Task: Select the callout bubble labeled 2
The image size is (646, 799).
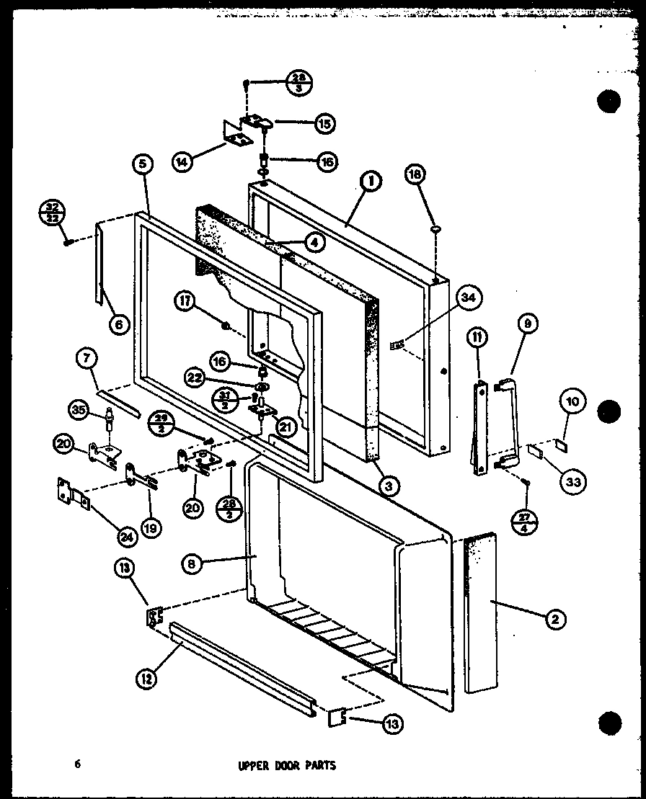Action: point(557,618)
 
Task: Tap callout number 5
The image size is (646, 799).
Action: point(143,165)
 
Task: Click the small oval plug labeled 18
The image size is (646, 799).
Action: point(435,229)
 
